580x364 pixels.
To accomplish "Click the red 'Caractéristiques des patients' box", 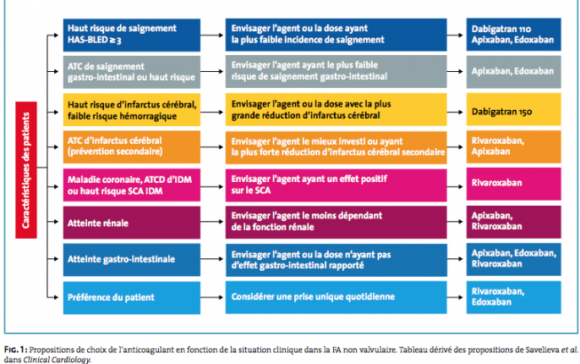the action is tap(26, 170).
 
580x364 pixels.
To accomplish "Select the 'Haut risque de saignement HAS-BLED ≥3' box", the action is tap(132, 35).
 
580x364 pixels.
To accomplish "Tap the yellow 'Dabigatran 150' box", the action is tap(513, 109).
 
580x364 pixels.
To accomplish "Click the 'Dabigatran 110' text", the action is tap(501, 29).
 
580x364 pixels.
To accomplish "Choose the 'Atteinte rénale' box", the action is tap(132, 223).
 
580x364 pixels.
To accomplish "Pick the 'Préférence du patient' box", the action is tap(132, 298).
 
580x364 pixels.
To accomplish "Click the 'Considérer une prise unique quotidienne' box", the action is tap(336, 297).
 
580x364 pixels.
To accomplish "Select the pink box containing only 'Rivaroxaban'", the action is tap(513, 184).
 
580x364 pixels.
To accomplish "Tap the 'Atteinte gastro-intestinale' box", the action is tap(132, 260).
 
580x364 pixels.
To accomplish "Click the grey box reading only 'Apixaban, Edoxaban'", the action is tap(513, 72).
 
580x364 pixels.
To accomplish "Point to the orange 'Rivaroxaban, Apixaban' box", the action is tap(513, 146).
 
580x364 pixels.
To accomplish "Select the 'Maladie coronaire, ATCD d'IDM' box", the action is tap(132, 185).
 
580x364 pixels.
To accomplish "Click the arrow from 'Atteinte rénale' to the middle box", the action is tap(212, 222).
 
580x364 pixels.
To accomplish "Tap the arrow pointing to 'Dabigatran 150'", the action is tap(455, 112).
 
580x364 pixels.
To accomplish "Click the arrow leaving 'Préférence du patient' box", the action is tap(212, 297).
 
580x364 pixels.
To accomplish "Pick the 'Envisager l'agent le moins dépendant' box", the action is tap(336, 222).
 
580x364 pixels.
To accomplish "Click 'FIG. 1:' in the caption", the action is tap(16, 350).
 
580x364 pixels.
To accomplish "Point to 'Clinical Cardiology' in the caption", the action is tap(57, 360).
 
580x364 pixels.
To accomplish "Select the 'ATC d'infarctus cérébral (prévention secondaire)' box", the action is tap(132, 147).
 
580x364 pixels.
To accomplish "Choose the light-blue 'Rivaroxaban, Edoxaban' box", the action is tap(513, 297).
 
